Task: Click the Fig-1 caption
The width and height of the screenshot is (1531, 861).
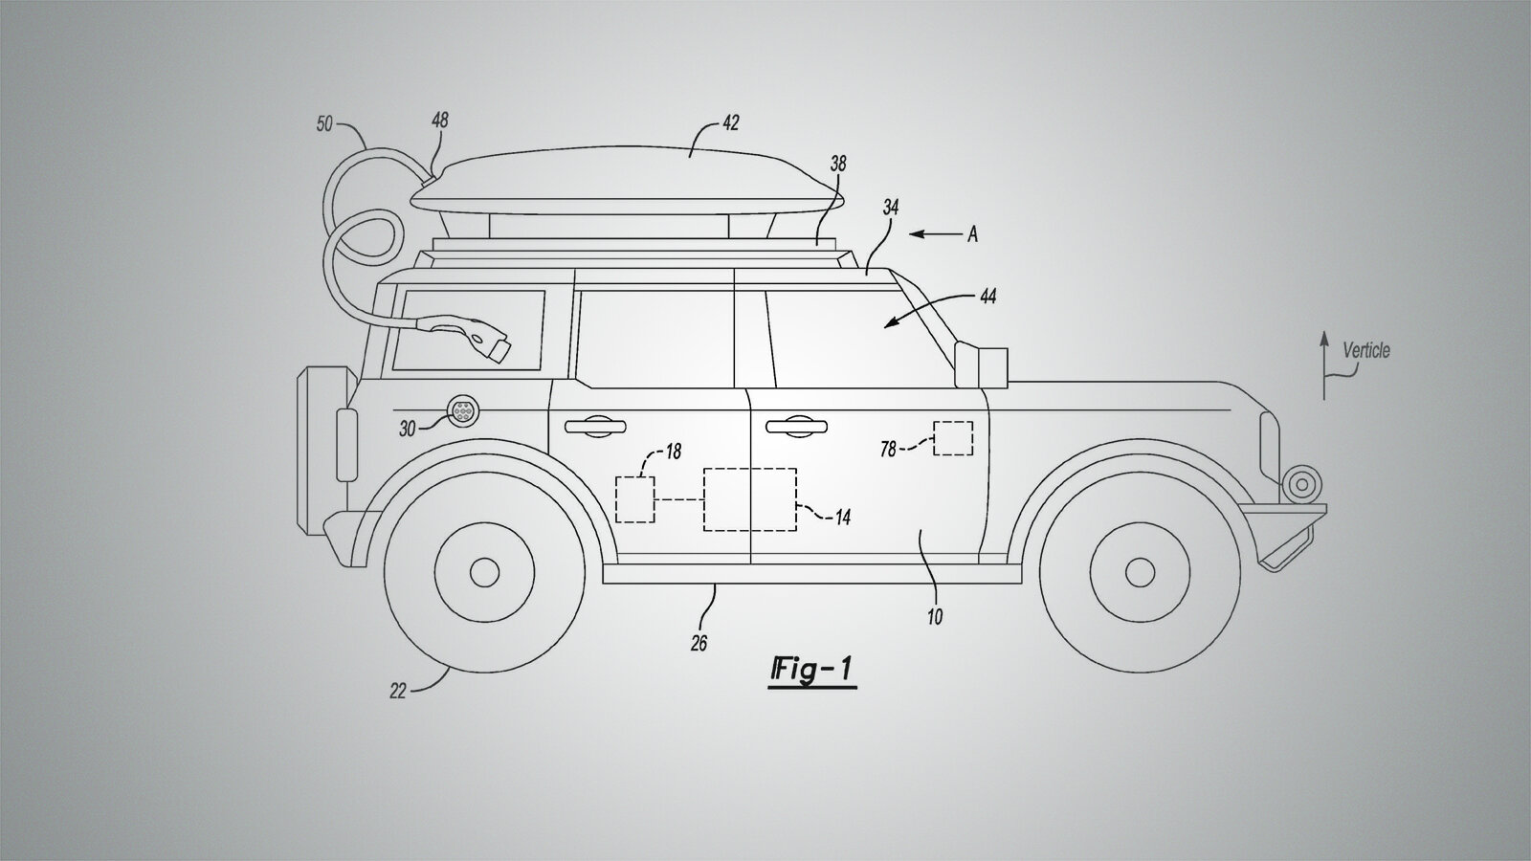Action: (812, 670)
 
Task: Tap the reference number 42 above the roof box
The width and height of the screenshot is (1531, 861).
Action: (730, 123)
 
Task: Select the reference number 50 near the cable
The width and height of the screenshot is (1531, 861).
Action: (324, 123)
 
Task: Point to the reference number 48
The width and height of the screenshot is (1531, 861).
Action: (439, 121)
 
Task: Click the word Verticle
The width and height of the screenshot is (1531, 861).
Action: (1366, 350)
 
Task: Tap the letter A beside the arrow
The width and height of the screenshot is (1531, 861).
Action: (972, 235)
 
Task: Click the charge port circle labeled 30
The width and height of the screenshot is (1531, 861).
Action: (462, 410)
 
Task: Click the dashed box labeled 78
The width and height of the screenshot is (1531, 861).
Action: (953, 438)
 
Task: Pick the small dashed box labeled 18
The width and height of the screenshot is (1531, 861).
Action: (635, 499)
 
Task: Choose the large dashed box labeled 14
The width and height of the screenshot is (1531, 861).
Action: (750, 499)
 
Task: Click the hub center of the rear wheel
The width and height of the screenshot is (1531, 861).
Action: (484, 572)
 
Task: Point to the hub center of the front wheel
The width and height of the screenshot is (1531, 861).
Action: (1140, 572)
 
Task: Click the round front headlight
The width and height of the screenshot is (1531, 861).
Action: (1302, 484)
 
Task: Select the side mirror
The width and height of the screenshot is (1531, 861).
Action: (981, 367)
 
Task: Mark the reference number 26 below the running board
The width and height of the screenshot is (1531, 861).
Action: (699, 643)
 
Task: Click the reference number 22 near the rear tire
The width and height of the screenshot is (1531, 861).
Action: (398, 692)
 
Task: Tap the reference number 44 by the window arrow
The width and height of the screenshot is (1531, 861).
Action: (987, 296)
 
